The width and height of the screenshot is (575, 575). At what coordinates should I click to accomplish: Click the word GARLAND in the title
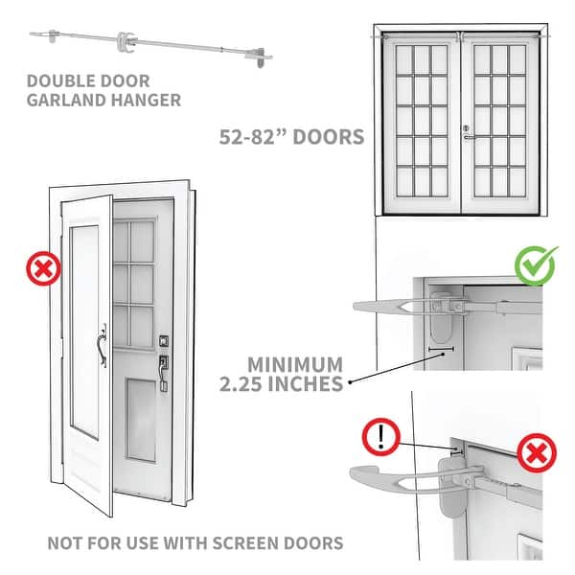click(x=60, y=99)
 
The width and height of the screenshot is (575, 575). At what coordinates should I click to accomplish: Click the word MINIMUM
click(x=295, y=364)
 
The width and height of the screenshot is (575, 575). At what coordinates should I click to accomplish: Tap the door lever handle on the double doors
click(x=467, y=137)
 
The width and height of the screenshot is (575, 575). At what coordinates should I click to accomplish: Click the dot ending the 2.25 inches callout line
click(x=351, y=381)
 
